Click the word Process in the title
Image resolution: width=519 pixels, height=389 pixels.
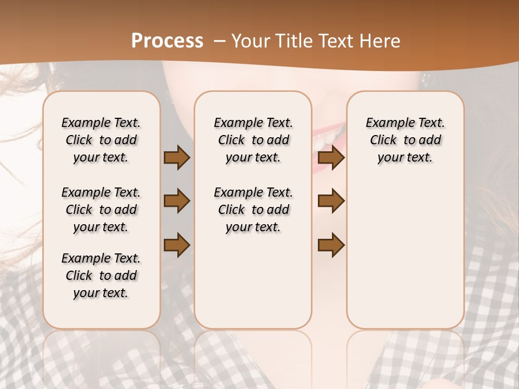tap(167, 41)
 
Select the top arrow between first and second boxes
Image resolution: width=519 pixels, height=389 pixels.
tap(177, 157)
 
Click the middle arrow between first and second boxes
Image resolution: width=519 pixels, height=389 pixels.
tap(177, 201)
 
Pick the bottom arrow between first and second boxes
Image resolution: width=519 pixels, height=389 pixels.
tap(177, 245)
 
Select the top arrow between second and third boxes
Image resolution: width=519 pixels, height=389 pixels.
tap(331, 157)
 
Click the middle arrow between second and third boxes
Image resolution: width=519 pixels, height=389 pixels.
tap(331, 201)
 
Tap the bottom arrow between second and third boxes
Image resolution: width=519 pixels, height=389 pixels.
tap(331, 245)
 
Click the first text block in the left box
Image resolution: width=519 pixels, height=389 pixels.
tap(101, 140)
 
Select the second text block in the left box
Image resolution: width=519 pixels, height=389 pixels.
tap(101, 210)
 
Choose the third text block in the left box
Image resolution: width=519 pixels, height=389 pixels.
tap(101, 276)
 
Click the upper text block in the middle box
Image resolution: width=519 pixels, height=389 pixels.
tap(253, 140)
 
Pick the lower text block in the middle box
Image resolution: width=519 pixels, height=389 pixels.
tap(253, 210)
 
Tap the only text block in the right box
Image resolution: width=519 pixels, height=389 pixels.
tap(405, 140)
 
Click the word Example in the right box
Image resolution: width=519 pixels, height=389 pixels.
tap(385, 123)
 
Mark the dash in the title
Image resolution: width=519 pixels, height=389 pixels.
tap(220, 41)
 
